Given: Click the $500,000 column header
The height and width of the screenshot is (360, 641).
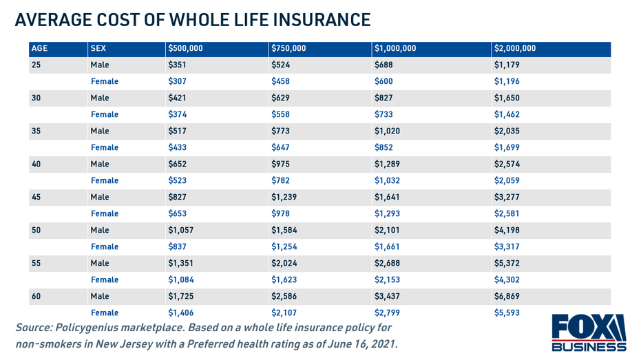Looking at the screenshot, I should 185,49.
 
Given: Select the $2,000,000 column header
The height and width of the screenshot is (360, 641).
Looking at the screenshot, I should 515,49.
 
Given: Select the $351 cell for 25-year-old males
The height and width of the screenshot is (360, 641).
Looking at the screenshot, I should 178,65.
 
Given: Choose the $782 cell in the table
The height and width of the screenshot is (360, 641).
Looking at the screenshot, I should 281,181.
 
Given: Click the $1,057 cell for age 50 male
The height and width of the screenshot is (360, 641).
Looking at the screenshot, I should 182,231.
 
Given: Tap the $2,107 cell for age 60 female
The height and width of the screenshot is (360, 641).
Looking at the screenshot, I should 285,313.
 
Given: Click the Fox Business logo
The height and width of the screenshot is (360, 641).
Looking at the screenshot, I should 589,332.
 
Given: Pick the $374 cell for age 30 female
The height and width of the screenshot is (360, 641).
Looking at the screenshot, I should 178,115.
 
